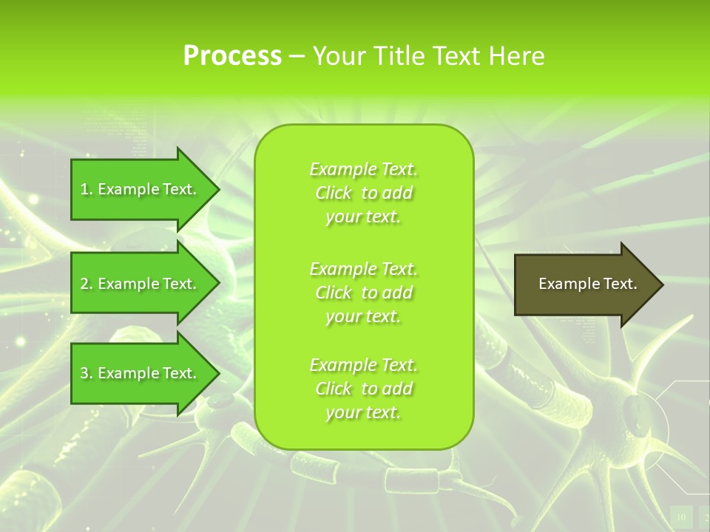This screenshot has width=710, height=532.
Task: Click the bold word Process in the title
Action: [x=232, y=56]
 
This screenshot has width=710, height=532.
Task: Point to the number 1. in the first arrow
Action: [x=87, y=189]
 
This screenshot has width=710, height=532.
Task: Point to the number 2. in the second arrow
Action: [x=87, y=284]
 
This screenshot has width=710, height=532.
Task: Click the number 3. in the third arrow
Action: [x=87, y=373]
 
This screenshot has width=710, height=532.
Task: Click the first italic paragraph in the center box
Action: [x=364, y=193]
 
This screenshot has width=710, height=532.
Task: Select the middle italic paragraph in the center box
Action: [x=364, y=293]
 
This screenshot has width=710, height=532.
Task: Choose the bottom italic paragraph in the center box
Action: [x=364, y=389]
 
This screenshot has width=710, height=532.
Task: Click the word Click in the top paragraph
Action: [x=334, y=193]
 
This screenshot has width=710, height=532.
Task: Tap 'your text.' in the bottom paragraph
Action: [x=363, y=413]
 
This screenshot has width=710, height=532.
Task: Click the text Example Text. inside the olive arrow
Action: [x=587, y=284]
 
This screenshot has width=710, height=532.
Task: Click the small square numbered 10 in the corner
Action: [x=681, y=516]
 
